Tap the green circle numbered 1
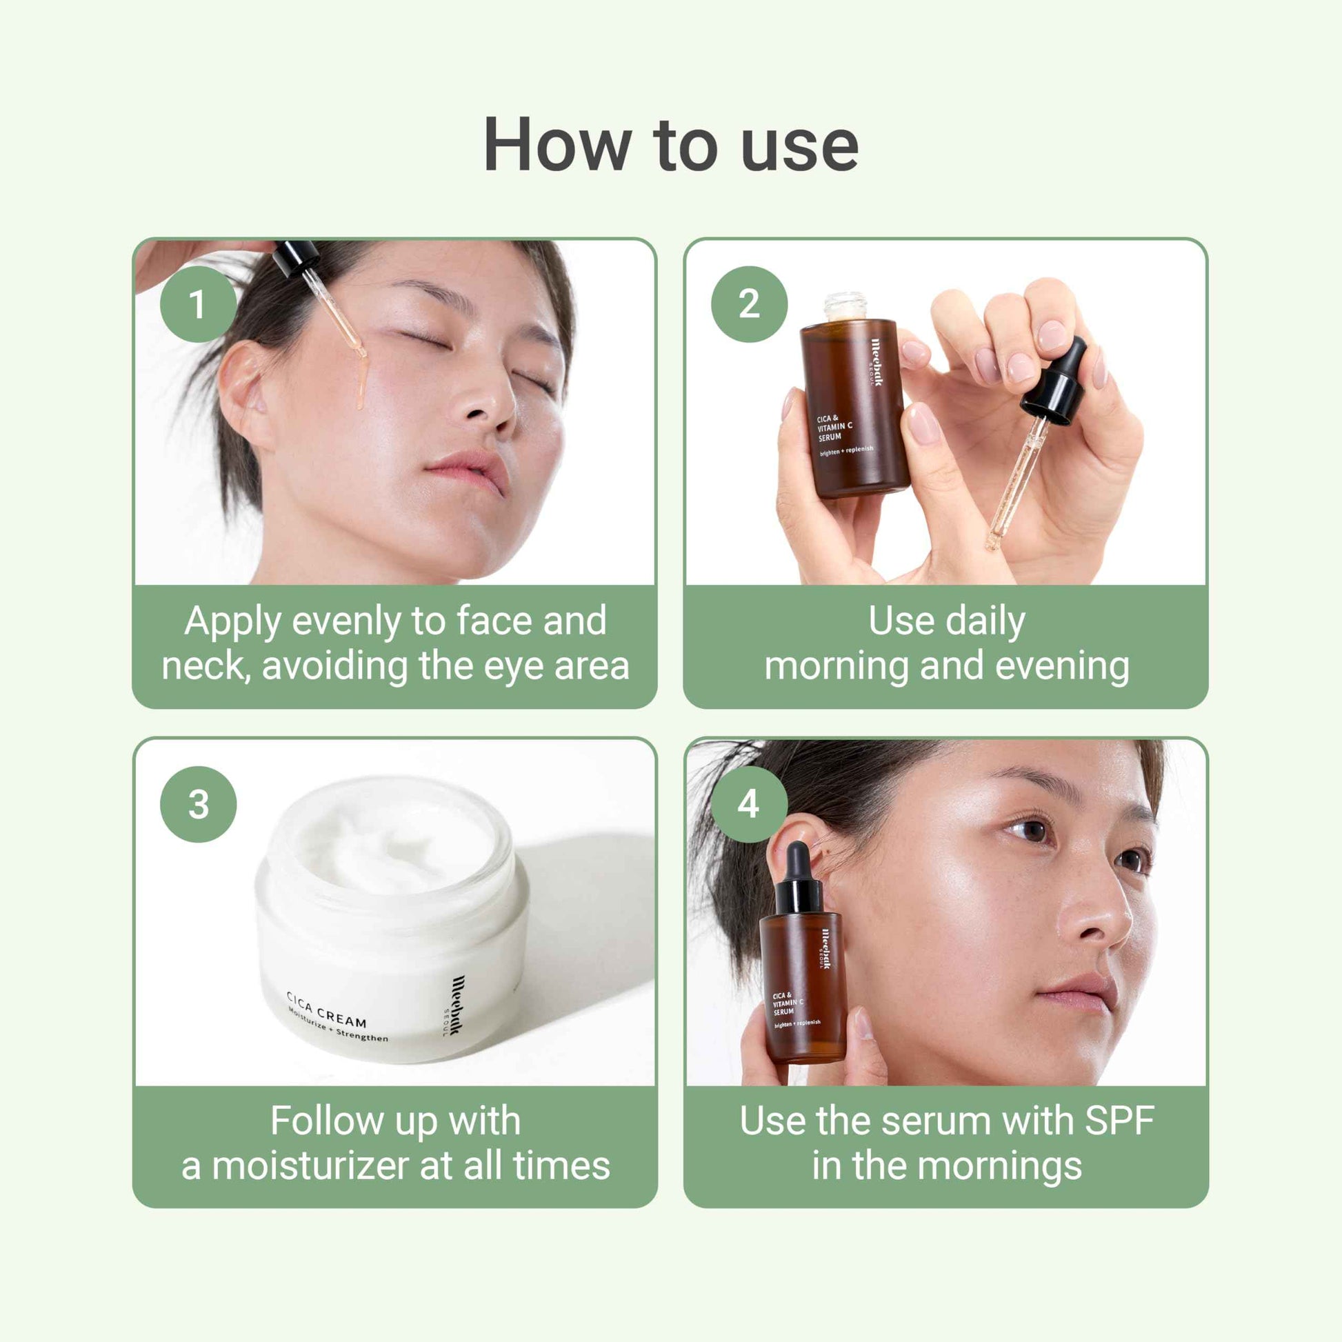(198, 303)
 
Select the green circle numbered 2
(749, 303)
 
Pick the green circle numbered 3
(198, 804)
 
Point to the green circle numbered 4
(749, 804)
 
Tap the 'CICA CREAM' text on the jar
(326, 1011)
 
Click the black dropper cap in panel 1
(296, 257)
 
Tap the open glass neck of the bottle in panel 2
(845, 306)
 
